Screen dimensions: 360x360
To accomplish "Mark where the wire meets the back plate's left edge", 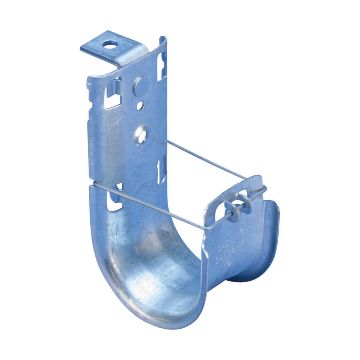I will click(x=93, y=185).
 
